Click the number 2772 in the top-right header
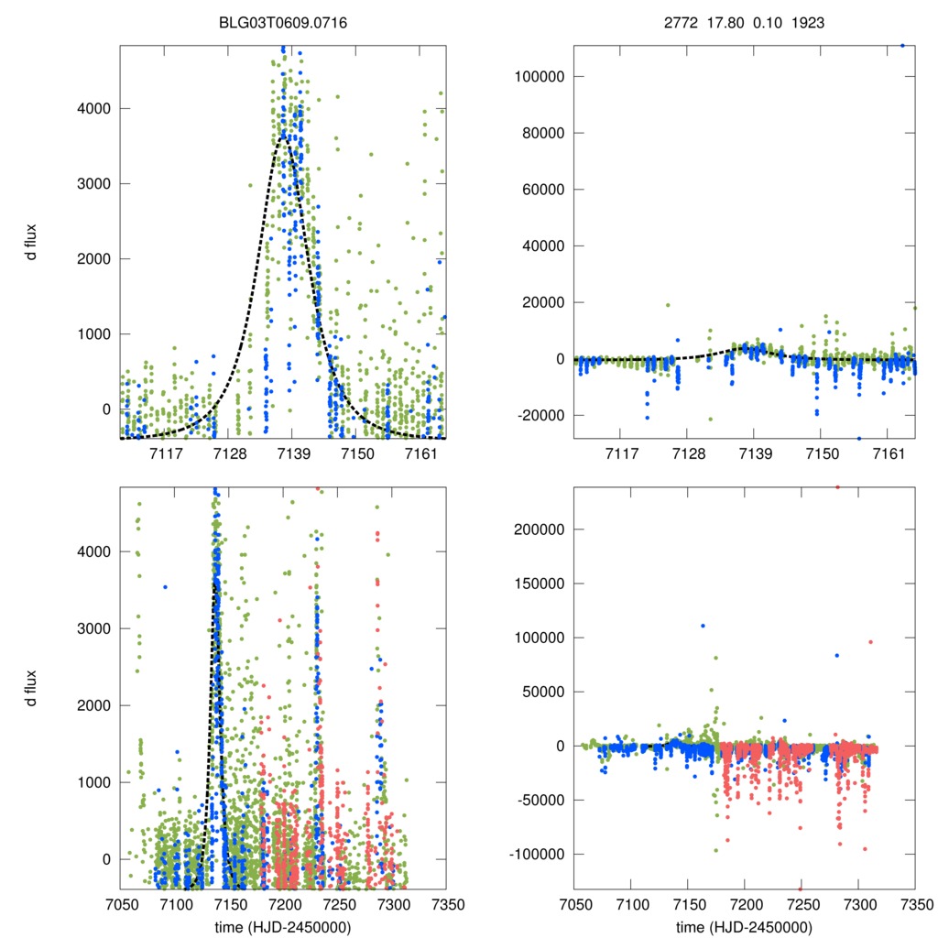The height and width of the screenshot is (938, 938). point(680,23)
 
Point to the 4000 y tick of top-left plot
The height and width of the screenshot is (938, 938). point(92,108)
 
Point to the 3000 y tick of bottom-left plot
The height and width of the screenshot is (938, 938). point(92,628)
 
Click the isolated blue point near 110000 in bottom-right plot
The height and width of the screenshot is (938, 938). point(703,626)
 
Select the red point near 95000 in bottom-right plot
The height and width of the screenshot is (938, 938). point(870,641)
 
